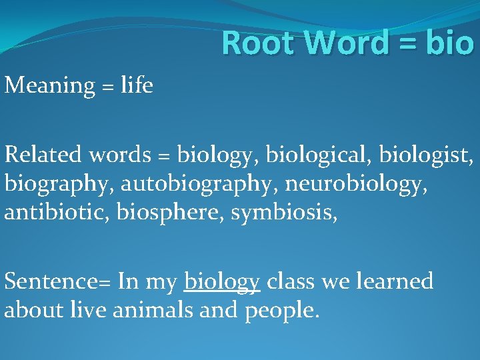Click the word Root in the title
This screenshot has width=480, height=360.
point(255,43)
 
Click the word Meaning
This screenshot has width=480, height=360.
point(50,86)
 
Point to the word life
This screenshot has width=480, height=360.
point(137,85)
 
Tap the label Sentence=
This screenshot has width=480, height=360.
point(57,281)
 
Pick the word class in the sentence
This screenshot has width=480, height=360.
point(291,281)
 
